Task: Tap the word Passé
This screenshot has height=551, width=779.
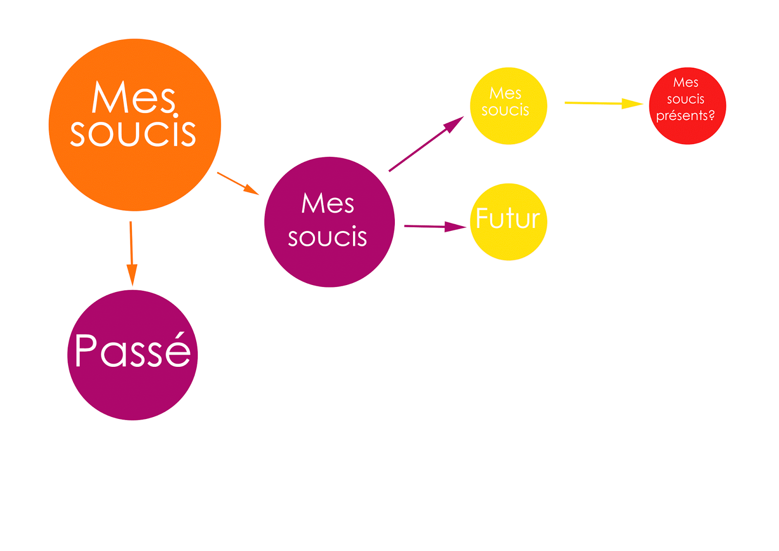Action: click(x=132, y=350)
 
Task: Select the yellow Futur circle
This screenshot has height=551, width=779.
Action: click(x=508, y=244)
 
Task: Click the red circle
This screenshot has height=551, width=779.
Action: click(x=687, y=132)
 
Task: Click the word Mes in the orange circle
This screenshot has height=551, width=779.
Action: click(x=133, y=97)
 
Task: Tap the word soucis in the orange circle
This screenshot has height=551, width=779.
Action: click(x=133, y=133)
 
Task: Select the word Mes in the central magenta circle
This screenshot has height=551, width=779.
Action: click(x=328, y=203)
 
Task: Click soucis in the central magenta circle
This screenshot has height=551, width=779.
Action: click(x=327, y=237)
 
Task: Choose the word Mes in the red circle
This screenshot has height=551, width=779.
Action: click(x=686, y=82)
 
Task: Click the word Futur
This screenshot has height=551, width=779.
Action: click(x=508, y=218)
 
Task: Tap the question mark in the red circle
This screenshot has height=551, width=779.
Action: click(x=711, y=115)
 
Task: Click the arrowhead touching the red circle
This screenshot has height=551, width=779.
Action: click(x=633, y=104)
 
